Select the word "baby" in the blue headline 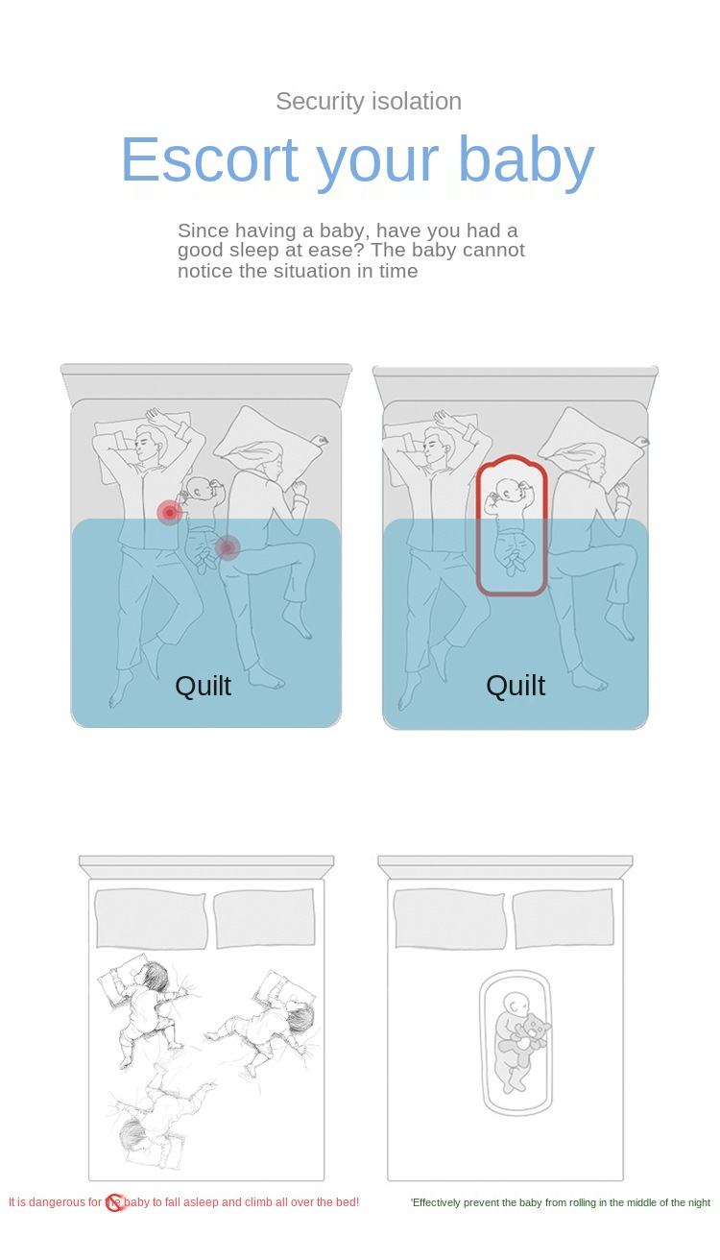pos(526,163)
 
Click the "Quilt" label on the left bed pos(204,686)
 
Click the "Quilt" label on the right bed pos(516,686)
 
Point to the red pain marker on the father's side pos(169,513)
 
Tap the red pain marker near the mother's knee pos(228,546)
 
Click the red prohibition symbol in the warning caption pos(115,1202)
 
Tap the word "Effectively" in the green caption pos(437,1202)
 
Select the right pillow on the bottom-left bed pos(264,918)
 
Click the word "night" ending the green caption pos(699,1202)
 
